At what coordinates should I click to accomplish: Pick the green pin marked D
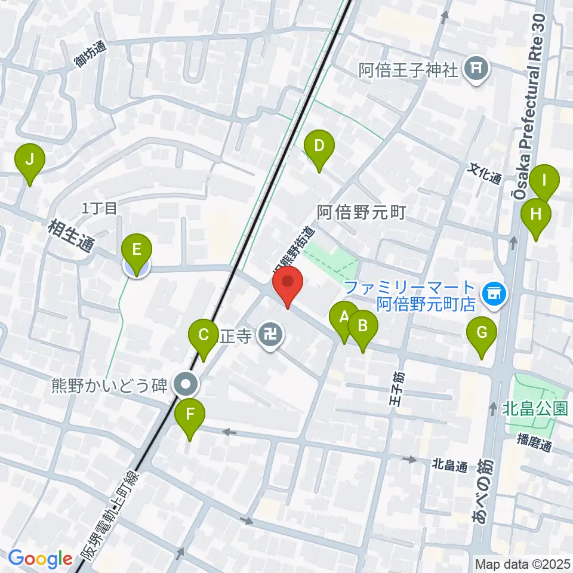click(319, 145)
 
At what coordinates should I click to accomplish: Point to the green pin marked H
click(535, 214)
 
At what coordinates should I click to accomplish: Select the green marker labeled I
click(544, 180)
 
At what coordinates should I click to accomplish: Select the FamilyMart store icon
click(493, 292)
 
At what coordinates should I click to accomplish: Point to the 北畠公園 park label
click(534, 409)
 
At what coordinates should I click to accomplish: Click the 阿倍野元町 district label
click(361, 211)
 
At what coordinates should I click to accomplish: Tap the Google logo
click(40, 559)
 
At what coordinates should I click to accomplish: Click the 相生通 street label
click(70, 235)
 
